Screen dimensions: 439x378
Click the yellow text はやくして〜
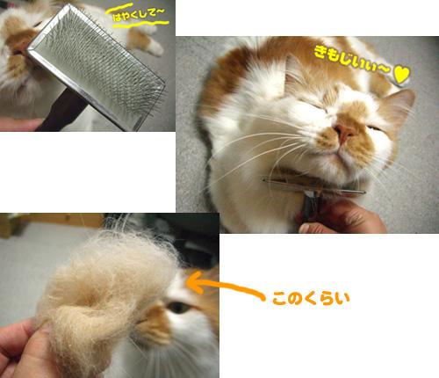(139, 15)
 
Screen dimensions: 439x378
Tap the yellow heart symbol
(401, 75)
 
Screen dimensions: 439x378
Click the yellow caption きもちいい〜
(352, 61)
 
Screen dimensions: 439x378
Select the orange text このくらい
(311, 299)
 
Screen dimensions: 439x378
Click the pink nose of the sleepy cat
(344, 134)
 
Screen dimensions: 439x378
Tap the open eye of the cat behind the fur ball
(179, 307)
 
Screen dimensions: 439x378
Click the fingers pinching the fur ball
(24, 350)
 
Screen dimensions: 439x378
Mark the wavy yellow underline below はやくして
(141, 25)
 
